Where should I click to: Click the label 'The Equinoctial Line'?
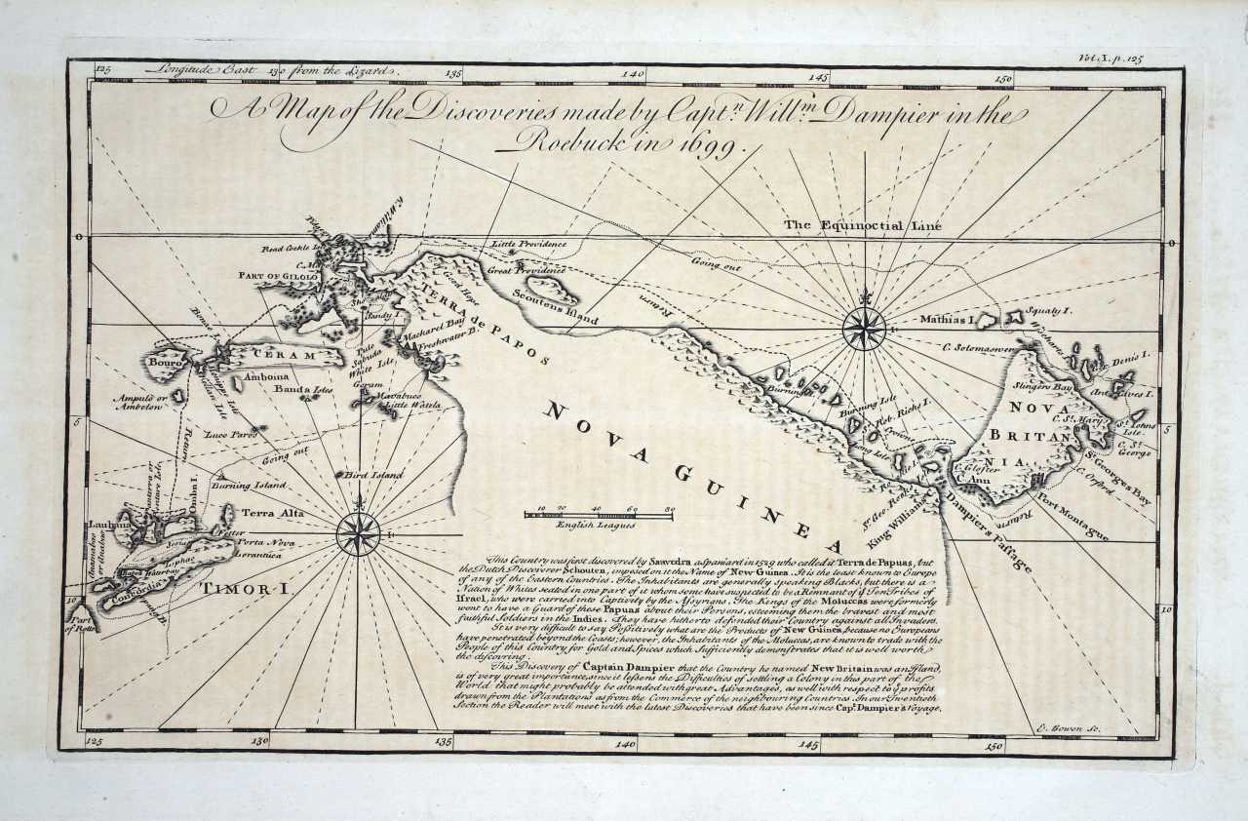tap(864, 225)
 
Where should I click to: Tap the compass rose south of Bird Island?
tap(358, 533)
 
